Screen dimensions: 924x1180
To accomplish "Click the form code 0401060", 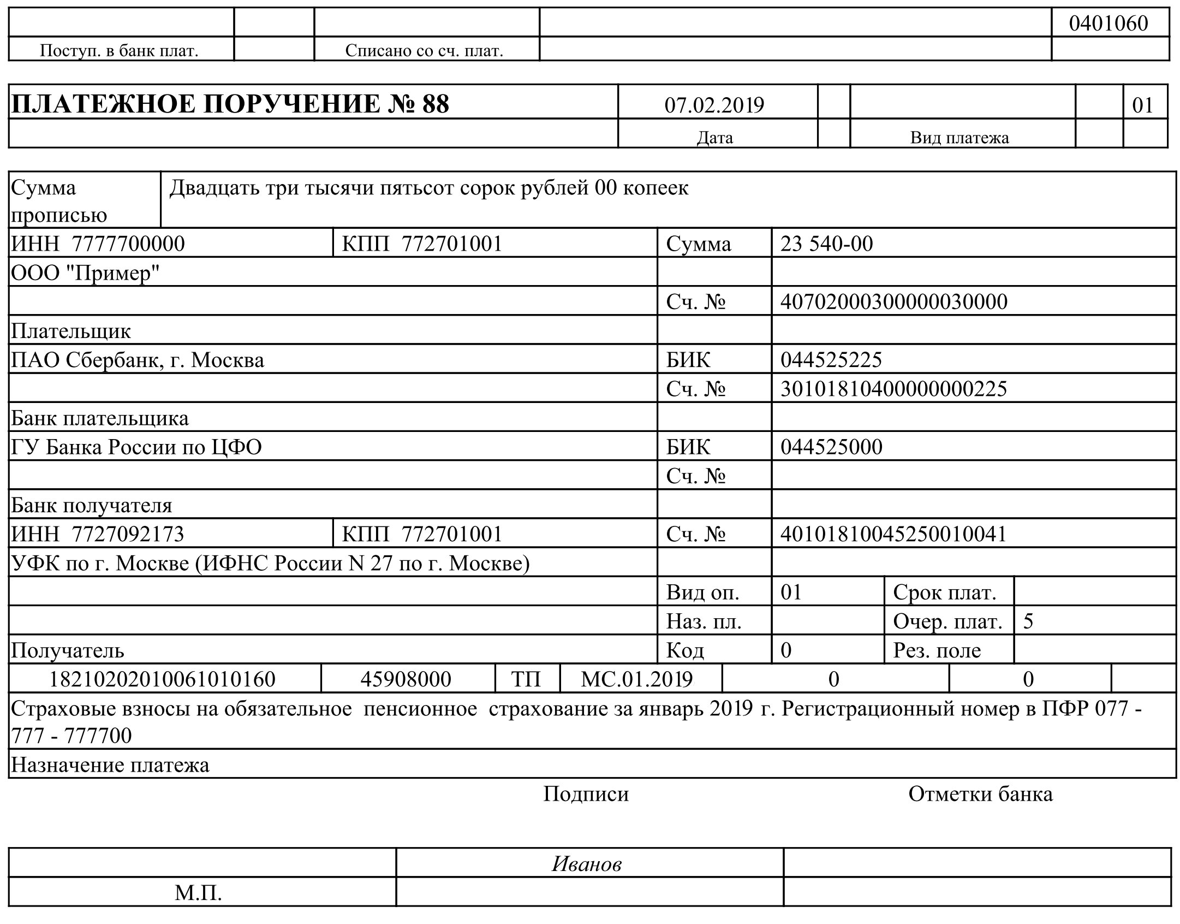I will [x=1108, y=23].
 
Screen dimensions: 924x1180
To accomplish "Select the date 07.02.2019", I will [x=714, y=105].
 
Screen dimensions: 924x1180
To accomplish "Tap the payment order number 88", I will [x=435, y=104].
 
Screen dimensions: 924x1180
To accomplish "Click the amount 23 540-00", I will [x=826, y=244].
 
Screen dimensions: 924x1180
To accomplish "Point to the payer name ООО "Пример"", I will [x=85, y=273].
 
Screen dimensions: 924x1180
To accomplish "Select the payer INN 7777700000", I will [x=128, y=244].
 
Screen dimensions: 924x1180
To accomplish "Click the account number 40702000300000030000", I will [x=893, y=301].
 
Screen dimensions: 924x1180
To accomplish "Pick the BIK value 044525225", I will [x=831, y=360].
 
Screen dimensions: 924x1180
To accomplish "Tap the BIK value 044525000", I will [x=831, y=447].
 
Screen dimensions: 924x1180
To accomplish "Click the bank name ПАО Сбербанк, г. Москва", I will [x=138, y=360].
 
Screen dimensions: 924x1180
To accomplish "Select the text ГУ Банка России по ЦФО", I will [x=136, y=447].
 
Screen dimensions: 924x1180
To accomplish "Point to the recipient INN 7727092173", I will [x=128, y=534].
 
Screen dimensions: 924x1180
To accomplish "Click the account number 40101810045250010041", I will [x=893, y=534].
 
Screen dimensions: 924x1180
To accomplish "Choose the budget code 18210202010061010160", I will [x=162, y=679].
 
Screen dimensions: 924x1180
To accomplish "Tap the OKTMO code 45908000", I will [x=406, y=679].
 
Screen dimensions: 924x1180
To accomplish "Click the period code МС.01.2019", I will [x=636, y=679].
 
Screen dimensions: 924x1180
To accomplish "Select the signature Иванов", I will [x=586, y=863].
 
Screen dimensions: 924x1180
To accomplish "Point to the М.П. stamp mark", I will [x=198, y=893].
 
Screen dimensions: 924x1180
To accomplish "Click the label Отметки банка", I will [x=980, y=793].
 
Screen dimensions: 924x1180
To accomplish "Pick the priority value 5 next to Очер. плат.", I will [x=1028, y=621].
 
